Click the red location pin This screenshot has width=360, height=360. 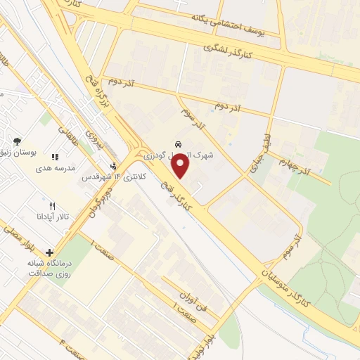tap(181, 166)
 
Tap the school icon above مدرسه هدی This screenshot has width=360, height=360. tap(55, 157)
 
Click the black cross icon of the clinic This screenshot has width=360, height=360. tap(49, 252)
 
